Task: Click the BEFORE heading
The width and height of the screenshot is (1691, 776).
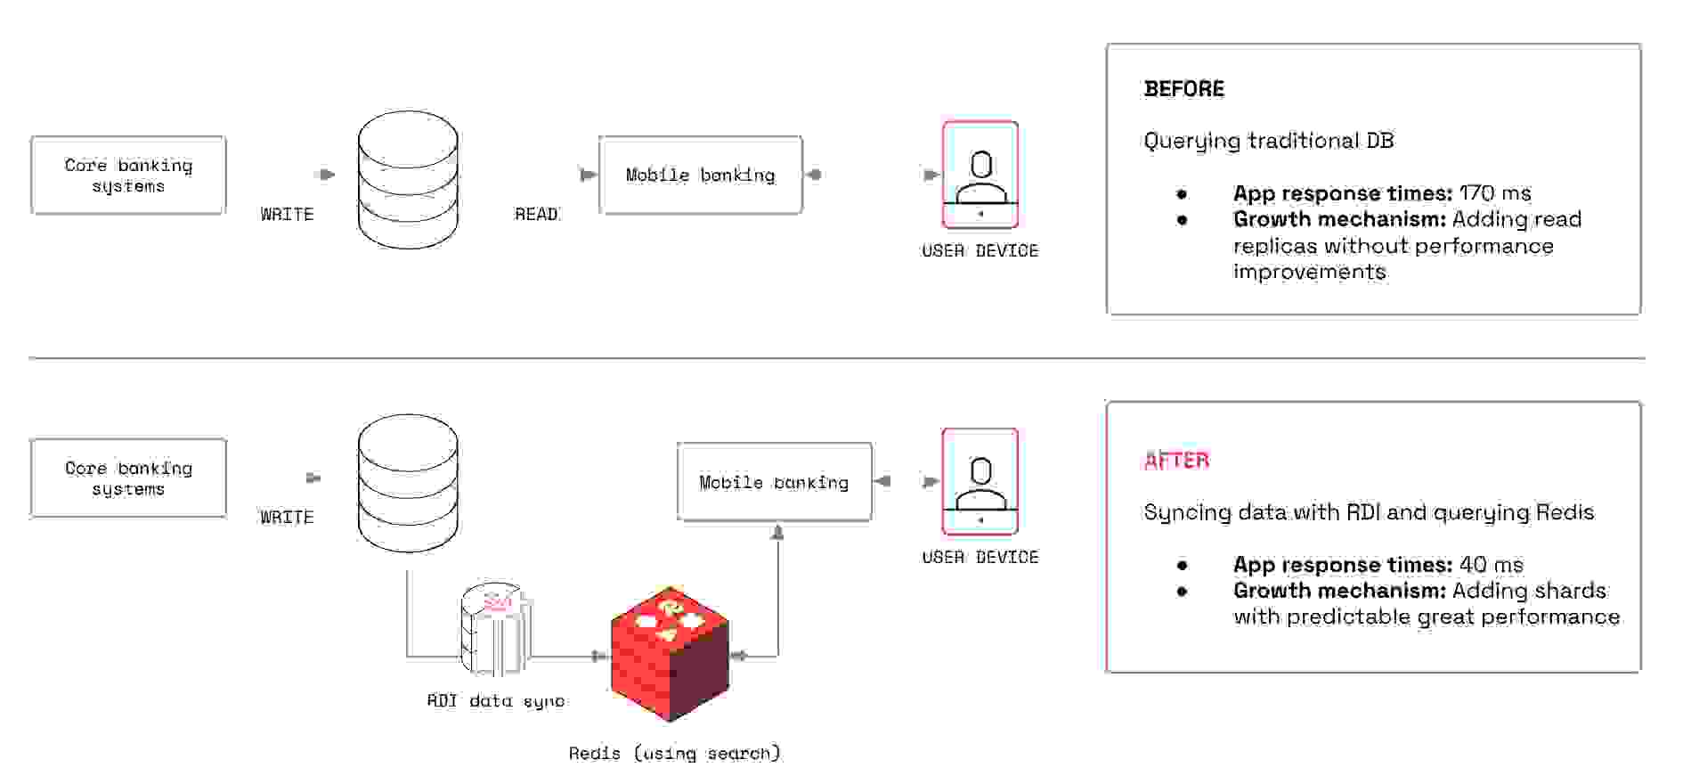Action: coord(1183,89)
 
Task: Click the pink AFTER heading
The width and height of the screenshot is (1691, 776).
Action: coord(1176,461)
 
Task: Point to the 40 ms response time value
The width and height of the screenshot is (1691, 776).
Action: coord(1492,565)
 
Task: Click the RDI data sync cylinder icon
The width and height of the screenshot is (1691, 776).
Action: coord(495,630)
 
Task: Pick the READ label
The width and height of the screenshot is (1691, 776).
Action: coord(536,215)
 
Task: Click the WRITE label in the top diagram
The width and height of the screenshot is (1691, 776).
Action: coord(287,215)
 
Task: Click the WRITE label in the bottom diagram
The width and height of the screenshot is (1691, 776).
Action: coord(287,518)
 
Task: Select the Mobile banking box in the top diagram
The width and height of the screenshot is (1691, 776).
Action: coord(700,176)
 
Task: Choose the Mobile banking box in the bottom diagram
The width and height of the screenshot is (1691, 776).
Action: coord(774,482)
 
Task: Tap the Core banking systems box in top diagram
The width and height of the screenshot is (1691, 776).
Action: coord(128,176)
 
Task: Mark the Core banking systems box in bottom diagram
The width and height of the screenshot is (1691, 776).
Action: coord(128,478)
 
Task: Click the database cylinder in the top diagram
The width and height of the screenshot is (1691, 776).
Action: coord(408,180)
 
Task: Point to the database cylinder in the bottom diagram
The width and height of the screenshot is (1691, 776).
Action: coord(408,483)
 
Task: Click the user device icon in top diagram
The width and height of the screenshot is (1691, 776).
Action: coord(980,175)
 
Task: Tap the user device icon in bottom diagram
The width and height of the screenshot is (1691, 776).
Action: coord(980,481)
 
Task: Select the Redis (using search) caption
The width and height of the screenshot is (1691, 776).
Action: coord(674,754)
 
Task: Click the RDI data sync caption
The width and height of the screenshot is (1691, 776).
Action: coord(495,701)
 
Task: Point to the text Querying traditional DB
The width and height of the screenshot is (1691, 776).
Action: coord(1268,141)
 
